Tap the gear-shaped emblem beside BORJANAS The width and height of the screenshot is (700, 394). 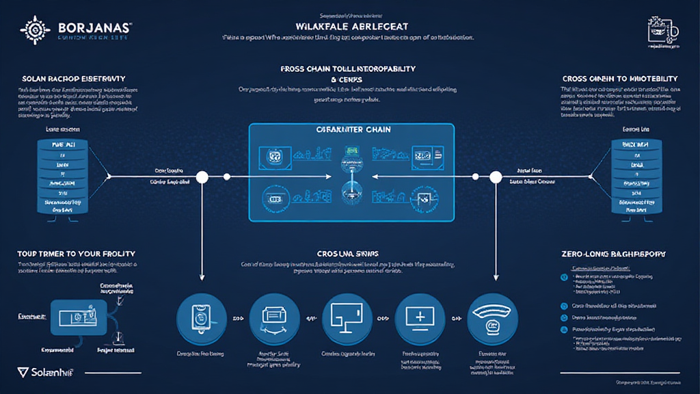click(35, 29)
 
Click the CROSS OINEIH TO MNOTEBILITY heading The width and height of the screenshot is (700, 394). click(619, 79)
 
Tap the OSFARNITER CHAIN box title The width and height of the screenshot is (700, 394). click(351, 130)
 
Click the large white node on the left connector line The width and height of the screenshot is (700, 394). click(202, 178)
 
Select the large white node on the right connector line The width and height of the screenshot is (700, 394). click(494, 178)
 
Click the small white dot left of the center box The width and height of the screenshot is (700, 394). click(226, 178)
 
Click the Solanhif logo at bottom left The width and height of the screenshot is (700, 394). click(48, 372)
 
